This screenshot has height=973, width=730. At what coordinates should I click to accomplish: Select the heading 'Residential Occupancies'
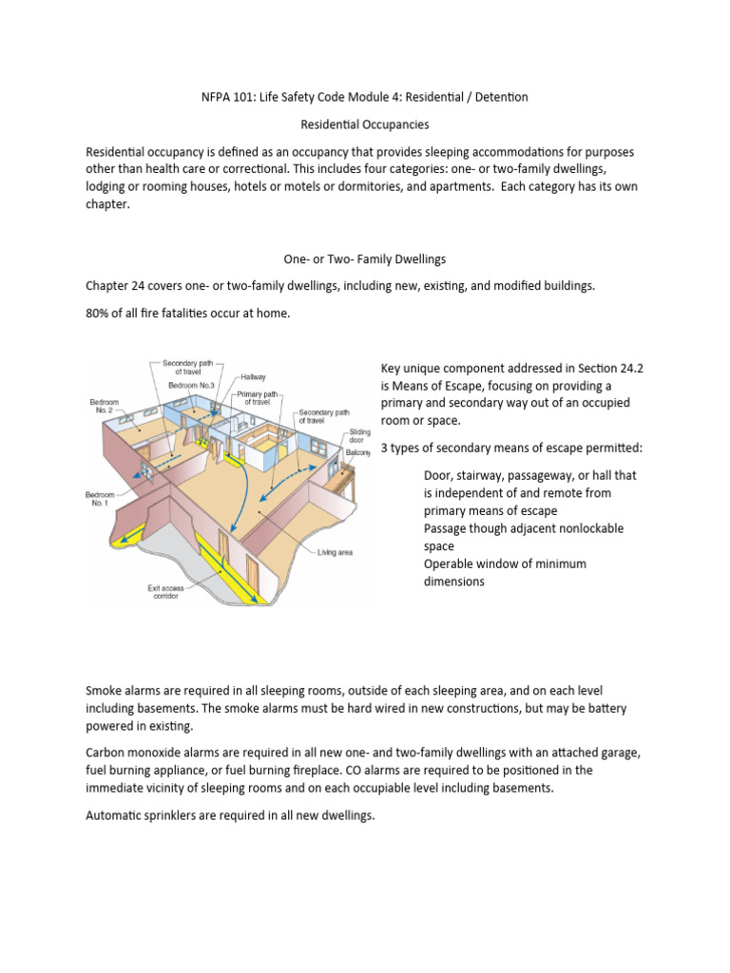(x=364, y=124)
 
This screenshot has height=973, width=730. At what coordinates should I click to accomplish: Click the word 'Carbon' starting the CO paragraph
(x=109, y=752)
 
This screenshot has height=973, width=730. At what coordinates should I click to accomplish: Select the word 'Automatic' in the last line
(x=118, y=813)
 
